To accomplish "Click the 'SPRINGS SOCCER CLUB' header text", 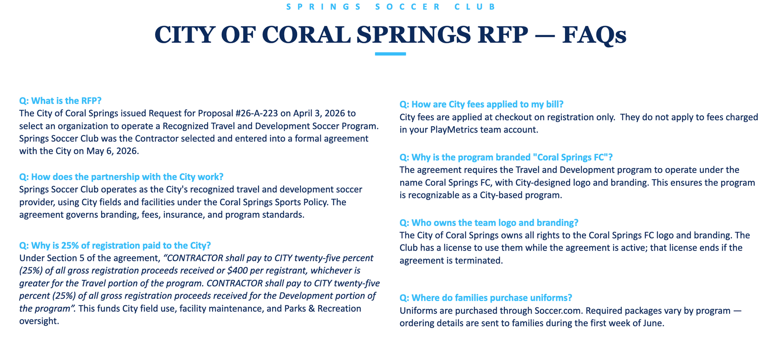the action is point(391,7).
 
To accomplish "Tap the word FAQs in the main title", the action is point(594,35).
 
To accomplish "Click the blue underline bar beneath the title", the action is point(390,54).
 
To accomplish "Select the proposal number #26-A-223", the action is point(257,113).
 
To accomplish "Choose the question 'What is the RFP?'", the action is point(61,101).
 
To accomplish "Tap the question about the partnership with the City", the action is point(121,177).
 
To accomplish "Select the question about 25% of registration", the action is point(115,245).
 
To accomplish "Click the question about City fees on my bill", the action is point(481,104).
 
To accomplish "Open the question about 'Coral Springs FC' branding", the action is point(506,157).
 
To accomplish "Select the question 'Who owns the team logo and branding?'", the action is point(489,222).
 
